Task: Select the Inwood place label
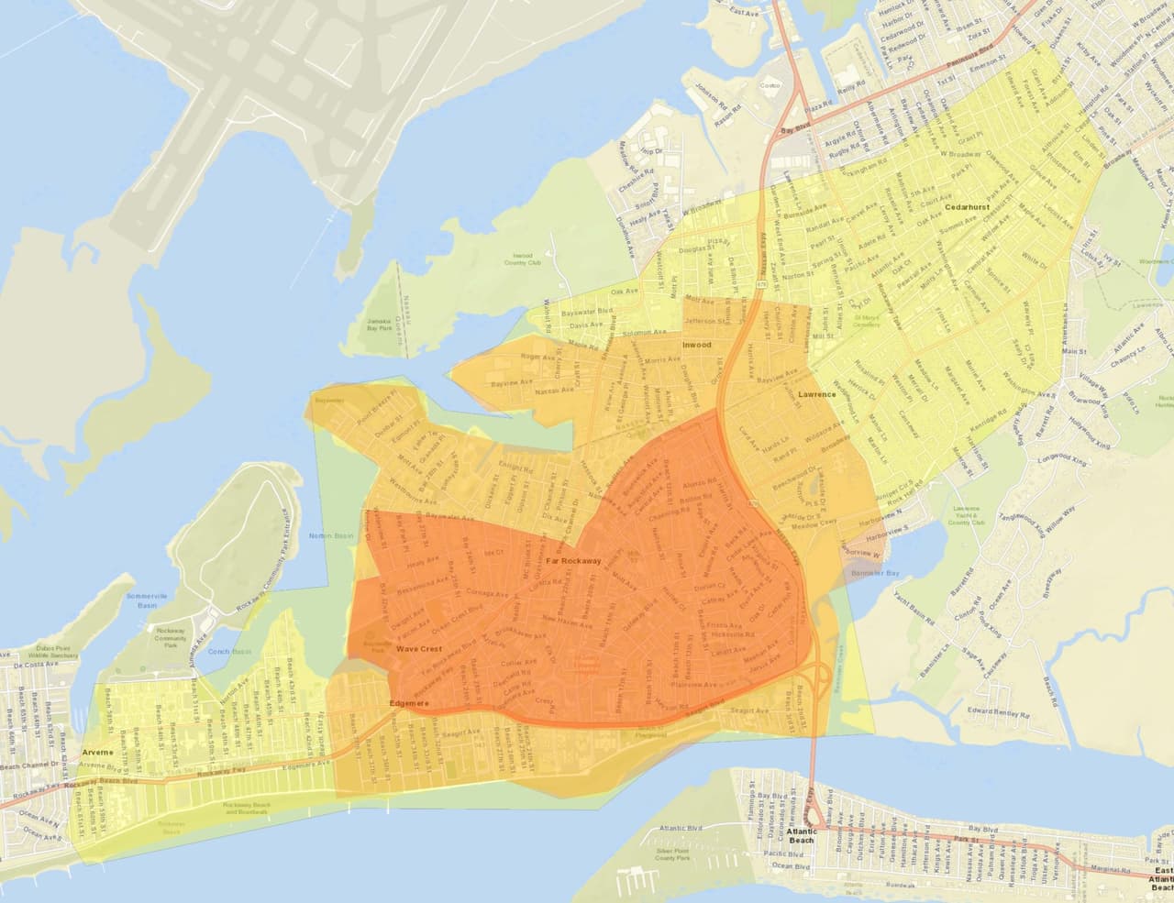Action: [696, 345]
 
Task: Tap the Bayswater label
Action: [328, 401]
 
